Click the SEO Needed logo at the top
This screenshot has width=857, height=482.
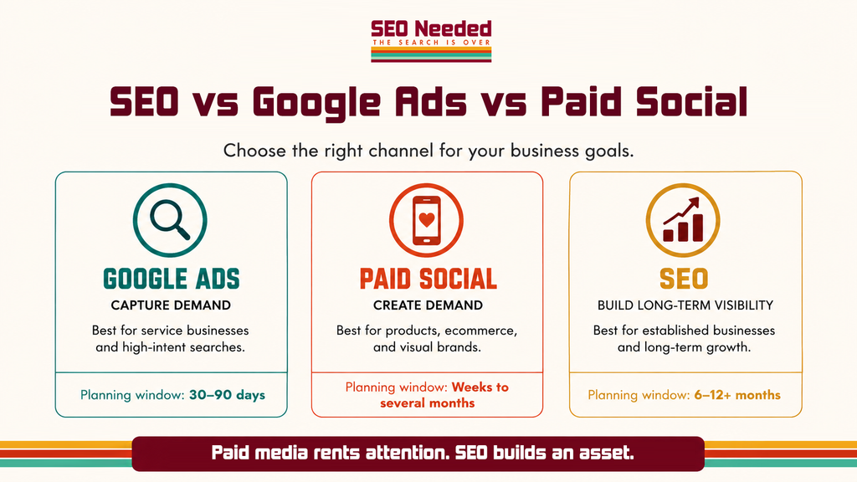click(431, 41)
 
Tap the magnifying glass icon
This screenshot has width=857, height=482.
click(170, 220)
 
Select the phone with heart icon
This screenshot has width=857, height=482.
click(426, 220)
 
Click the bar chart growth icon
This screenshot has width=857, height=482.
click(683, 220)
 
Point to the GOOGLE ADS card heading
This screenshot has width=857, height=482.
click(171, 279)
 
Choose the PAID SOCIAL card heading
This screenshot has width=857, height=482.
click(428, 279)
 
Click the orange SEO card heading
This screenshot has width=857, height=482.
click(684, 279)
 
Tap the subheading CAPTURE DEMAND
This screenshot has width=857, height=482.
click(171, 305)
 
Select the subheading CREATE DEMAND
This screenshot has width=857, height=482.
click(428, 305)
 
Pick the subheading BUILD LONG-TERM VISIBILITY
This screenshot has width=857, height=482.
click(685, 305)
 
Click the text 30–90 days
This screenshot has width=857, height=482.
click(227, 395)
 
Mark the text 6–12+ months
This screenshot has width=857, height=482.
click(737, 395)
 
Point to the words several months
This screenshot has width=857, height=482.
click(428, 403)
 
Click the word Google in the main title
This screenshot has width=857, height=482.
click(316, 104)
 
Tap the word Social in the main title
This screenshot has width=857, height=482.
click(691, 102)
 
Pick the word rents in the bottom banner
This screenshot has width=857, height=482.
click(336, 453)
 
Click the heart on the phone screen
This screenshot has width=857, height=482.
click(426, 220)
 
